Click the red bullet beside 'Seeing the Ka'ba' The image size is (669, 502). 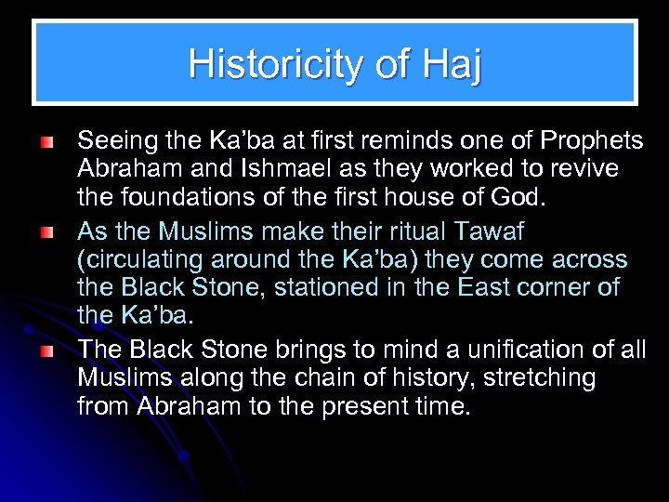click(x=47, y=143)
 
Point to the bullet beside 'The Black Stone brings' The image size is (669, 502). click(x=47, y=350)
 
